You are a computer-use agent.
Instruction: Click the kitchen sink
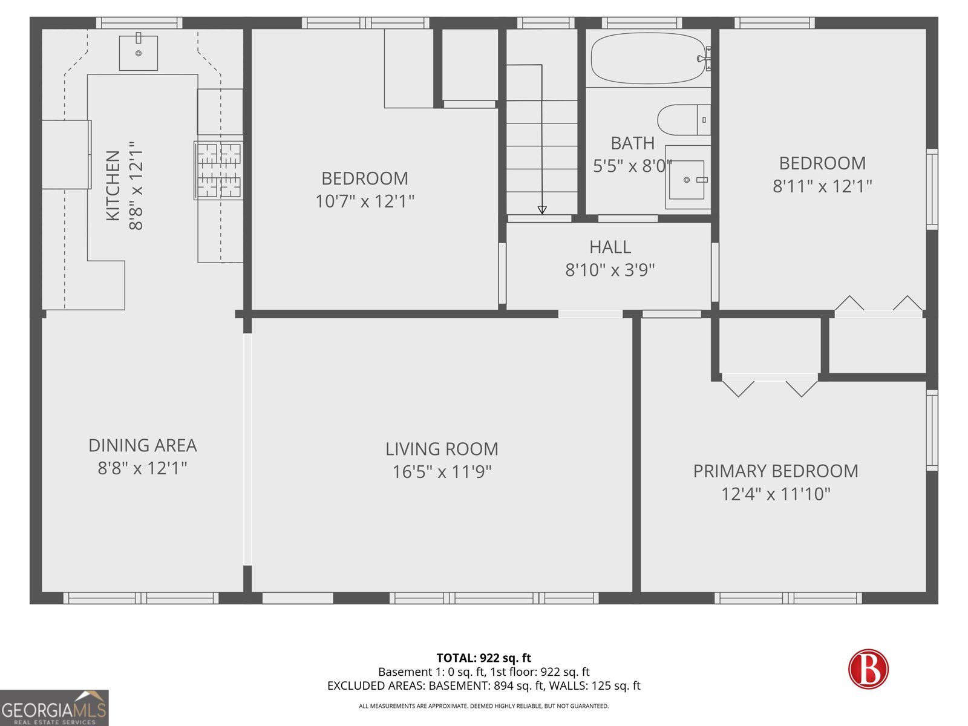[139, 53]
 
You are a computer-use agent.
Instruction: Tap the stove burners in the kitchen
[218, 170]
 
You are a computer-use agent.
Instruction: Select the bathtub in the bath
[648, 59]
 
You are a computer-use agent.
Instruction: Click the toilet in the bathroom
[683, 120]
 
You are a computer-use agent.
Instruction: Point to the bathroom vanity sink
[687, 180]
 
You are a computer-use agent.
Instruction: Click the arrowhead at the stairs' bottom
[542, 210]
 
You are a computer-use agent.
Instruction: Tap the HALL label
[610, 247]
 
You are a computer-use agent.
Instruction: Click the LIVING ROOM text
[442, 449]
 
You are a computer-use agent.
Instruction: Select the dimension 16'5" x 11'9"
[442, 472]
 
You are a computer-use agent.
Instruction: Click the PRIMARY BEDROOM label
[775, 471]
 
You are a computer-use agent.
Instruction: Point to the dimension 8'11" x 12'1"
[822, 186]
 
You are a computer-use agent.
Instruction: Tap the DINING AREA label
[143, 445]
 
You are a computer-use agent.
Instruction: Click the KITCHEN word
[113, 186]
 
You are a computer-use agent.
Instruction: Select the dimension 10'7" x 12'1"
[365, 201]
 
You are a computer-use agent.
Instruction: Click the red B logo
[868, 669]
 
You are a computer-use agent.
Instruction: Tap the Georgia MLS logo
[54, 708]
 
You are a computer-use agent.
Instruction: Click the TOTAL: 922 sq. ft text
[483, 658]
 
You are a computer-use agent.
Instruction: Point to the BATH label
[632, 143]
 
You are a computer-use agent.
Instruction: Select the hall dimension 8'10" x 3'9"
[610, 270]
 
